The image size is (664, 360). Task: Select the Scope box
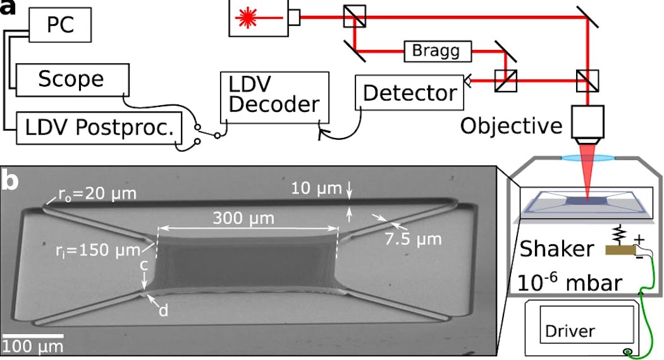pos(71,78)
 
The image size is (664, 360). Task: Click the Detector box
pos(409,93)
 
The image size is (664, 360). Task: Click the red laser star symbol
pos(247,20)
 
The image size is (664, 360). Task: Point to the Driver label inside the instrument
pos(570,331)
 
